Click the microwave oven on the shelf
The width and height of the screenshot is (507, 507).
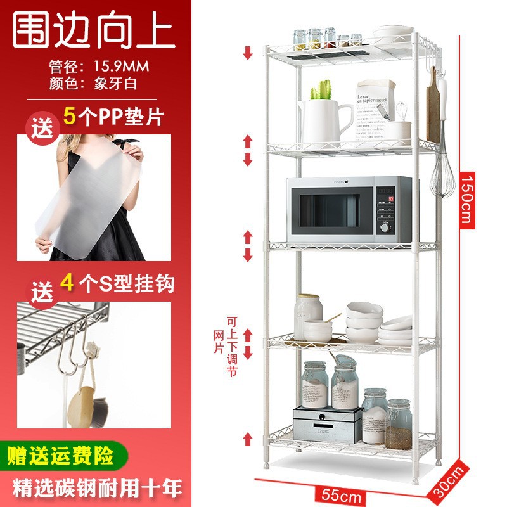click(348, 209)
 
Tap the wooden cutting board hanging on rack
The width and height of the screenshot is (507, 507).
click(433, 112)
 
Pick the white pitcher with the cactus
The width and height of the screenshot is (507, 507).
click(323, 120)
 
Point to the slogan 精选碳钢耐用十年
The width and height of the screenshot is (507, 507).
click(94, 488)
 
